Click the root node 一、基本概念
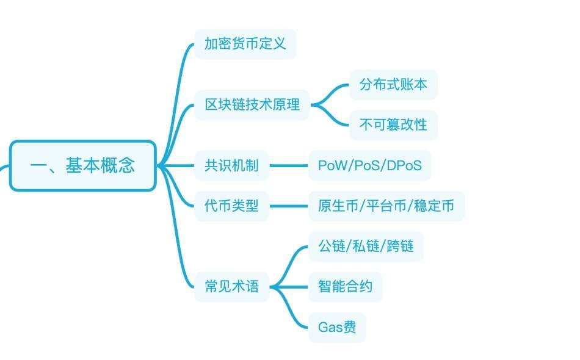[82, 165]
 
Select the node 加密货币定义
[245, 44]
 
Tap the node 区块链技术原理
[252, 104]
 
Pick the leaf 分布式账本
[393, 84]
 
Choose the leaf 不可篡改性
[393, 124]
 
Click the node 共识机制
[231, 165]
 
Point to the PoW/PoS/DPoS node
[370, 165]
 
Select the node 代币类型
[231, 206]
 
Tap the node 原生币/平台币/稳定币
[386, 206]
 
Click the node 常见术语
[231, 286]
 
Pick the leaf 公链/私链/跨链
[366, 246]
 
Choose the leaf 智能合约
[345, 286]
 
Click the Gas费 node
[337, 327]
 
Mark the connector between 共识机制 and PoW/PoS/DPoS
[289, 165]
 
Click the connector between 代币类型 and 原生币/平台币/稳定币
[289, 206]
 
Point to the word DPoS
[404, 165]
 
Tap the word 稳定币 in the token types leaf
[434, 206]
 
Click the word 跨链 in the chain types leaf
[401, 246]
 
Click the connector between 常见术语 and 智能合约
[289, 287]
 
